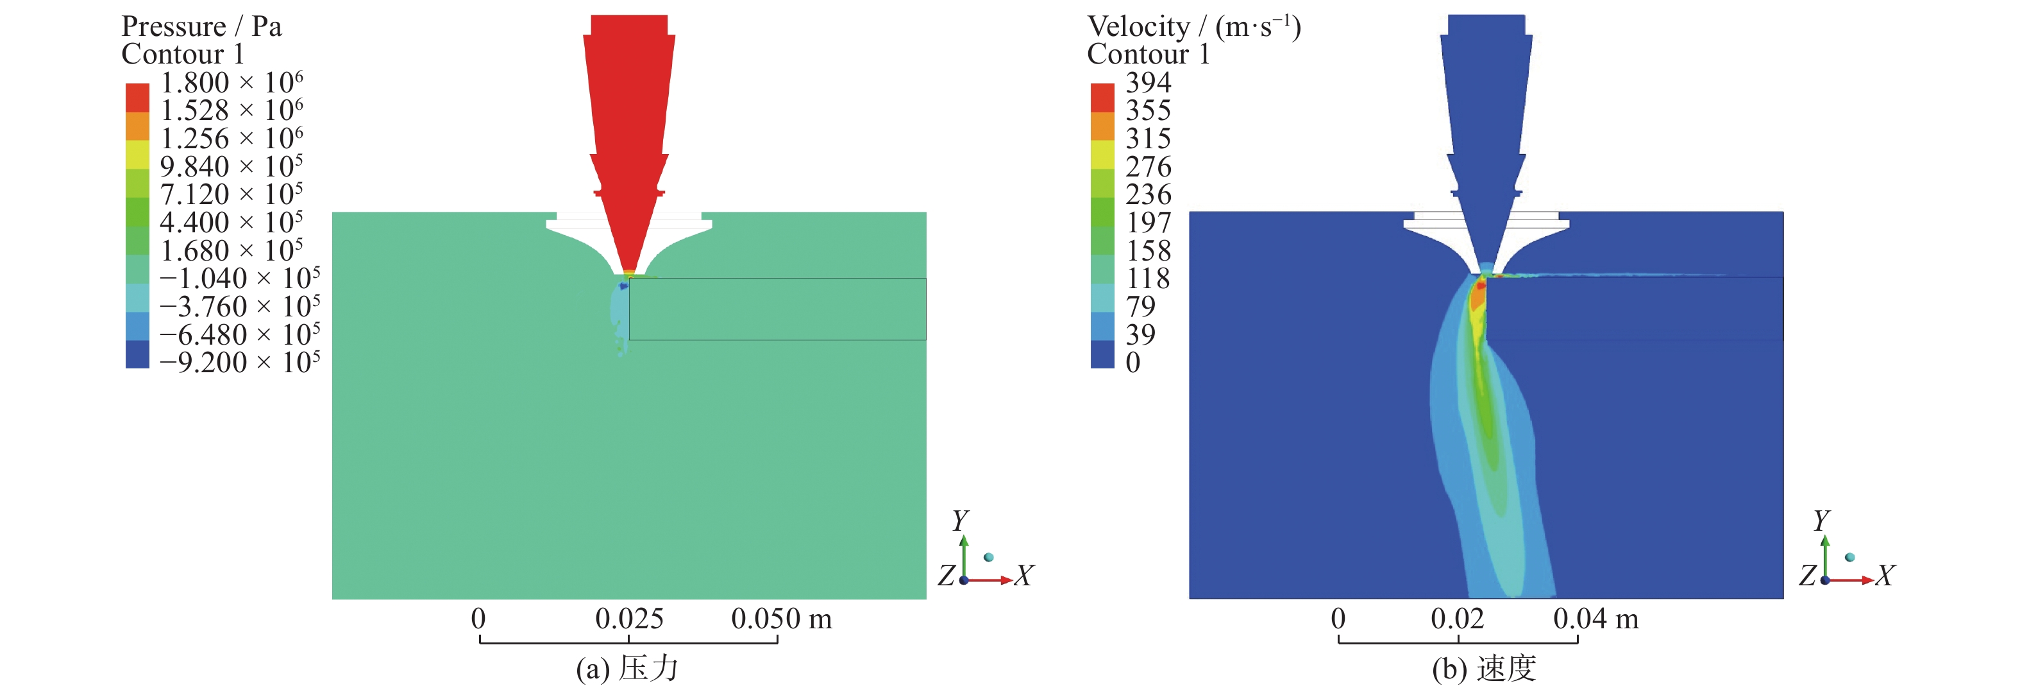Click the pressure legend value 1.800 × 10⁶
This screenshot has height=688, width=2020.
point(231,82)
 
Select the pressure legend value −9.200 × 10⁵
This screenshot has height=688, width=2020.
point(239,363)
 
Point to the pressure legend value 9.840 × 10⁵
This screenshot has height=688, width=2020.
point(231,166)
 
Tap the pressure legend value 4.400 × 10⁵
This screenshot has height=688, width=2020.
point(231,223)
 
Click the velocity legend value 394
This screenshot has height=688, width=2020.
point(1148,82)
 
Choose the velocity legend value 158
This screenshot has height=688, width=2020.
point(1148,251)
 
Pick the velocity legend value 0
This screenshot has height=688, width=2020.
point(1132,363)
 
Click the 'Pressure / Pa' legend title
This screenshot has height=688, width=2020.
point(201,27)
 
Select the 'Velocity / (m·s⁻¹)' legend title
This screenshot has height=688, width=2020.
point(1193,27)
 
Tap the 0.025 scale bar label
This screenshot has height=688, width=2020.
point(629,619)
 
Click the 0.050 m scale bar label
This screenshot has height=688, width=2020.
point(781,619)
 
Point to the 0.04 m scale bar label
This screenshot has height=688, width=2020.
point(1595,619)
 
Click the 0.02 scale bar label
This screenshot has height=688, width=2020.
point(1457,619)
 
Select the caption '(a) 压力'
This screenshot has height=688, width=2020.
point(627,668)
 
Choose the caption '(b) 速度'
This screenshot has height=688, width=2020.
point(1484,668)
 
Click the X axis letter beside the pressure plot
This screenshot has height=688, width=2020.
point(1024,576)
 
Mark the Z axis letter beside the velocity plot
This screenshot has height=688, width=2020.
point(1806,576)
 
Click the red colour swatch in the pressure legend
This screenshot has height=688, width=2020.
point(137,98)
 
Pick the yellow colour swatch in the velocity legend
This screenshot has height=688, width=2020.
point(1102,154)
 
